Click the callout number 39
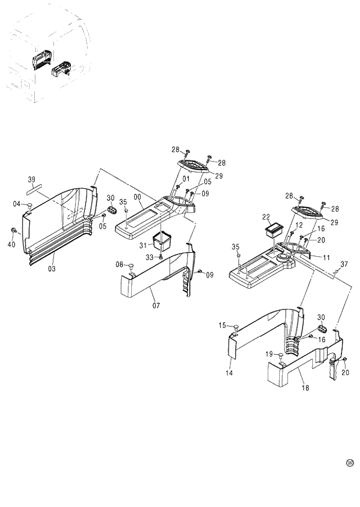32,179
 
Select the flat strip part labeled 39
33,188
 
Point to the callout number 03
52,270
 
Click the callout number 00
137,197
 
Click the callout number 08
120,265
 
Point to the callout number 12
299,225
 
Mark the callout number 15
223,325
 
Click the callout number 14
229,373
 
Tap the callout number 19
269,354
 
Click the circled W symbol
350,462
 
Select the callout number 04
17,203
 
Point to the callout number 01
186,178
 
